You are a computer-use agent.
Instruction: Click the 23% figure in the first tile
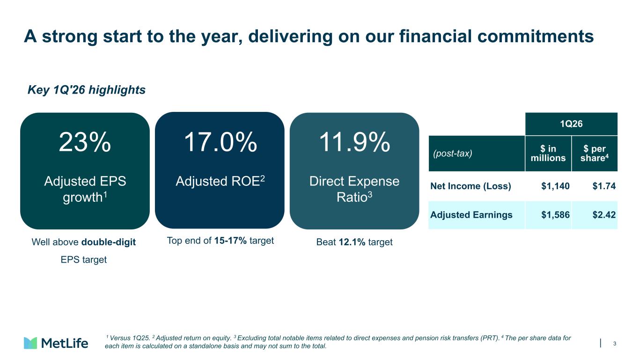[x=85, y=142]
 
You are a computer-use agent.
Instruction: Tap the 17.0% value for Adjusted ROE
[x=220, y=142]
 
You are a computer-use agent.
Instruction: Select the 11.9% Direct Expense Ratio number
[x=354, y=142]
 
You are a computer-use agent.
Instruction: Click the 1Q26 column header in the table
[x=571, y=124]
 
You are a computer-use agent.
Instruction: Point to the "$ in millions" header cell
[x=548, y=153]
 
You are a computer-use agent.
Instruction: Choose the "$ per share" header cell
[x=595, y=153]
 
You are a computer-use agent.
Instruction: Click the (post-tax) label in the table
[x=452, y=154]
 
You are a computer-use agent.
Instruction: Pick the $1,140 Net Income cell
[x=555, y=186]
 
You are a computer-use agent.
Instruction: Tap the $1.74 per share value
[x=604, y=186]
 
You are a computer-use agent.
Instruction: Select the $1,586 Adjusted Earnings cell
[x=555, y=215]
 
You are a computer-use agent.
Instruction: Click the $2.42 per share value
[x=604, y=215]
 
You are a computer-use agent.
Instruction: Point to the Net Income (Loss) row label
[x=470, y=186]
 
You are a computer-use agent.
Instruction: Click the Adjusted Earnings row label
[x=471, y=215]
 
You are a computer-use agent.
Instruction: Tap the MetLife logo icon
[x=30, y=343]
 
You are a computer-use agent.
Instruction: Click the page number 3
[x=615, y=344]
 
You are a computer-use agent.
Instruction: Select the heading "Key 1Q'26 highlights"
[x=87, y=90]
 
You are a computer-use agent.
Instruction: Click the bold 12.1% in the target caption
[x=352, y=242]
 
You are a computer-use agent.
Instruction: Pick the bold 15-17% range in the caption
[x=230, y=241]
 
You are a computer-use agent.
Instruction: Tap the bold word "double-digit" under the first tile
[x=109, y=242]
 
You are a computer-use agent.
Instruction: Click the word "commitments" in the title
[x=536, y=37]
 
